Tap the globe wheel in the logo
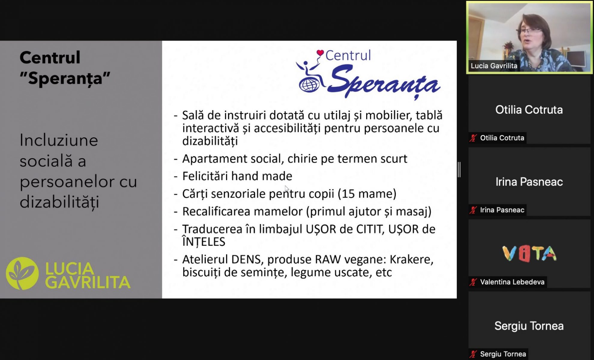click(309, 85)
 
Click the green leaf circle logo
click(22, 273)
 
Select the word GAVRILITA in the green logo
click(88, 282)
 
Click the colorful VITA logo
click(529, 253)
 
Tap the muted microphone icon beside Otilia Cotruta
click(473, 138)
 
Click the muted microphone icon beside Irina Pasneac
click(473, 210)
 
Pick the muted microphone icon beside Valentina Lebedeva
click(473, 282)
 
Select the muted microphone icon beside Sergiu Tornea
click(473, 354)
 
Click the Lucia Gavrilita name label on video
click(494, 66)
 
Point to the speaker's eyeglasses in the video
click(527, 31)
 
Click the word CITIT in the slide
click(370, 229)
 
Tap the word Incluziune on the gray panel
click(59, 140)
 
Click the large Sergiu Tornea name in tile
click(529, 326)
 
